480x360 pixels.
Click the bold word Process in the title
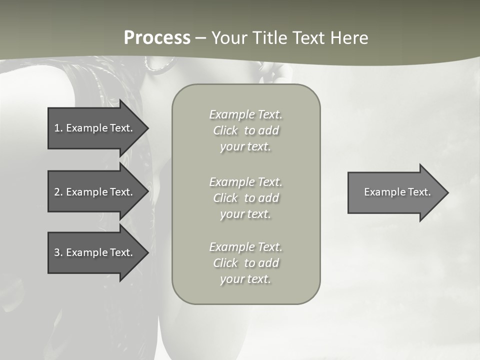pos(157,38)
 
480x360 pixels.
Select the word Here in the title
pos(348,38)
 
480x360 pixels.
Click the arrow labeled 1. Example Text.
pos(93,128)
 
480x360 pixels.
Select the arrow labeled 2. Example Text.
pos(93,192)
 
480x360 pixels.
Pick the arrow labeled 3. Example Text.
pos(93,252)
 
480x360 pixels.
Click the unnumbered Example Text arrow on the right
pos(397,192)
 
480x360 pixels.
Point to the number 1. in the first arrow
pos(58,128)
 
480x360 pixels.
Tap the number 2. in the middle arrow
pos(58,192)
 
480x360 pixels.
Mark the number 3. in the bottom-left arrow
pos(58,252)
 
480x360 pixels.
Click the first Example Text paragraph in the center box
pos(245,130)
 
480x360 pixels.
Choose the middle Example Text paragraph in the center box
pos(245,197)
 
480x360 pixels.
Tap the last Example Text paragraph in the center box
pos(245,263)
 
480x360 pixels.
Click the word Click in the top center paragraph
pos(225,130)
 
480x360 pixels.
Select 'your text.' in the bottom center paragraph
pos(245,279)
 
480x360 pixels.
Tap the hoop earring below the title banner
pos(160,63)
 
